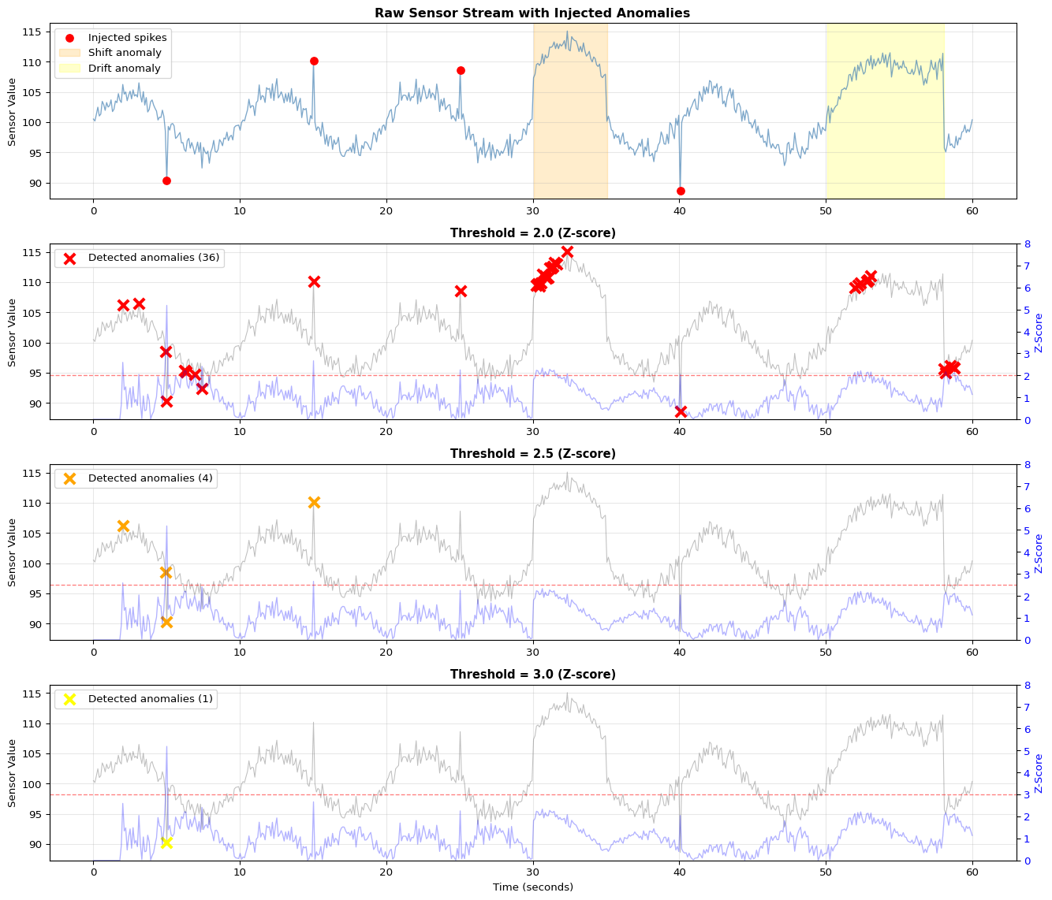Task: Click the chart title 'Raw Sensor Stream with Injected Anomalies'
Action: pos(532,13)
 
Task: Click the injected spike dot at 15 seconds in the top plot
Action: pos(314,61)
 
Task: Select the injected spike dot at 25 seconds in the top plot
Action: pos(461,70)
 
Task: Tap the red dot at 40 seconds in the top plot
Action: pos(681,191)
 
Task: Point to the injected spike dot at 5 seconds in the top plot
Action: pos(166,180)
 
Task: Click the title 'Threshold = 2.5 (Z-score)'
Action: pos(532,454)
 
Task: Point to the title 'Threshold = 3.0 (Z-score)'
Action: pos(532,675)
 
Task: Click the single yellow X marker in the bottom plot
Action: pos(166,842)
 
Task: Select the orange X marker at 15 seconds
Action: pos(314,502)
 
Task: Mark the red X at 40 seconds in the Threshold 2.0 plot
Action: pos(681,411)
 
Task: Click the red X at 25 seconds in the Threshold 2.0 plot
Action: pos(461,291)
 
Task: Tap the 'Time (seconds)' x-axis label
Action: pos(532,887)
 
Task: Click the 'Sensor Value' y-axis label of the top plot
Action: pos(12,111)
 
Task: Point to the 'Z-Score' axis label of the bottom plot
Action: pos(1039,773)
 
